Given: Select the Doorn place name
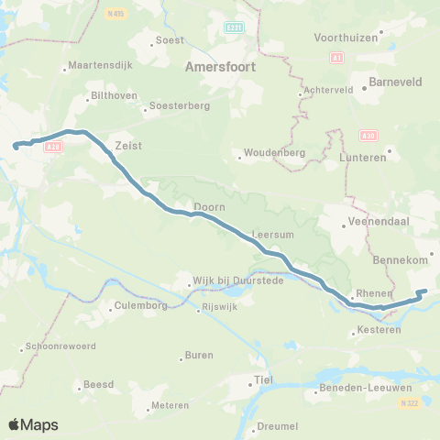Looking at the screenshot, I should coord(209,207).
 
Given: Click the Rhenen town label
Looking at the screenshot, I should coord(371,296).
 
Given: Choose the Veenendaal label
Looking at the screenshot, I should coord(375,223).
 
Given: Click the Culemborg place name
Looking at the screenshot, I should coord(142,305).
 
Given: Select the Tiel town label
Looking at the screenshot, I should coord(263,379).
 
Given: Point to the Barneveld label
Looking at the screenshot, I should coord(394,81).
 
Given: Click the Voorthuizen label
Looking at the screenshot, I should coord(346,37).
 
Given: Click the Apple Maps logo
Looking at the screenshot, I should coord(33,424).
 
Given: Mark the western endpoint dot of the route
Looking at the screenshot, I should coord(16,145).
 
